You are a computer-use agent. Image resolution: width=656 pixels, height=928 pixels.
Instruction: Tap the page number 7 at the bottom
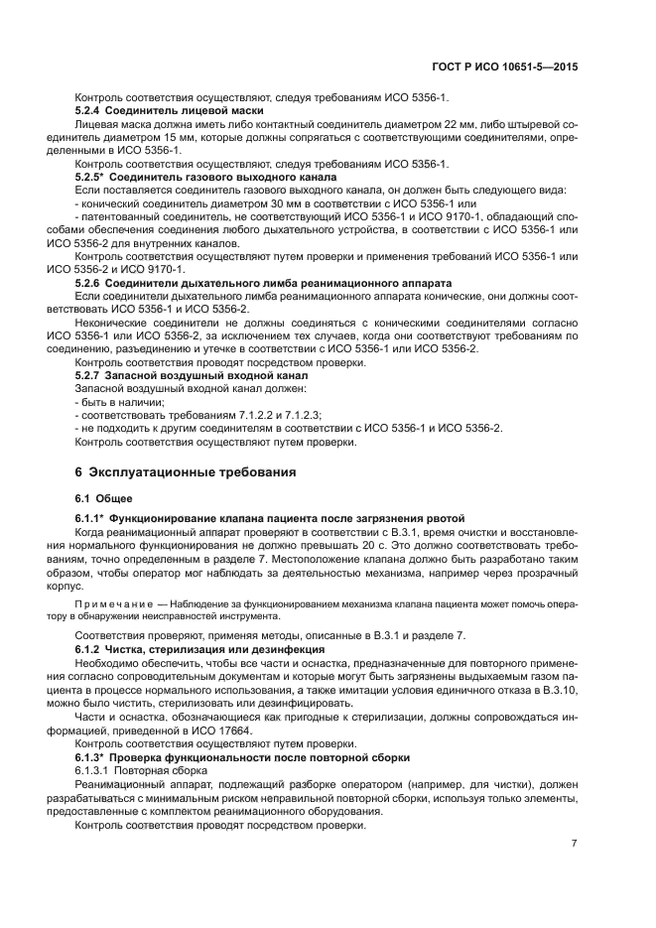pos(574,844)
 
